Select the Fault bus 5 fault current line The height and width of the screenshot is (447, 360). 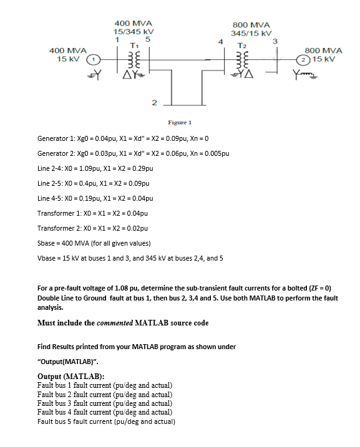coord(106,421)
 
